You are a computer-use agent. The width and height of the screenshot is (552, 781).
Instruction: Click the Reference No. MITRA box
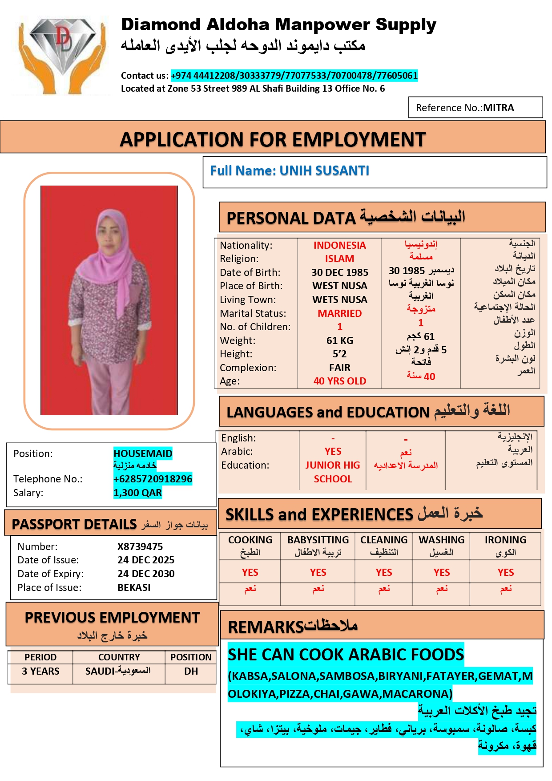(x=475, y=108)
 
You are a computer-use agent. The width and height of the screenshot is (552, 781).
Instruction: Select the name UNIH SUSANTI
(x=324, y=171)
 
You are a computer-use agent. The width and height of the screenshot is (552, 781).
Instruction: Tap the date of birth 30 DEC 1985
(x=340, y=272)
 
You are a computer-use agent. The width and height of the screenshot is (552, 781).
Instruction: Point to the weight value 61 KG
(x=340, y=341)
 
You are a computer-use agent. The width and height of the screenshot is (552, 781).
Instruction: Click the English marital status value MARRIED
(x=340, y=313)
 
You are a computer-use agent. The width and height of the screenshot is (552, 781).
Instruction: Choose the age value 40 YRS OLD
(x=340, y=381)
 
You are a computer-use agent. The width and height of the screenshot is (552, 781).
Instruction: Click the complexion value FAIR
(x=340, y=368)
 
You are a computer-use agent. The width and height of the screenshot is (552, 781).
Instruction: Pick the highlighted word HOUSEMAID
(x=143, y=453)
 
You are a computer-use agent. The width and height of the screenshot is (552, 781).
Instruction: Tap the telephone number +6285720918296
(x=153, y=479)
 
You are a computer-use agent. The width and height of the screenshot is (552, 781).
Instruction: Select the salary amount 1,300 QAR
(x=137, y=493)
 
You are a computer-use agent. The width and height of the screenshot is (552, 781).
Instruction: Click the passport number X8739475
(x=140, y=546)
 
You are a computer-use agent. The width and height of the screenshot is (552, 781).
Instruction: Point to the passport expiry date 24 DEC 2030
(x=146, y=574)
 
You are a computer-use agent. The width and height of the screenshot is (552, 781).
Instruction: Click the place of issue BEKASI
(x=134, y=588)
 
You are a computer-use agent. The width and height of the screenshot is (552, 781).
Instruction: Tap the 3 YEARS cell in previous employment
(x=40, y=672)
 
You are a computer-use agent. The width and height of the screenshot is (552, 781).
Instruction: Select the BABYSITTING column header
(x=318, y=540)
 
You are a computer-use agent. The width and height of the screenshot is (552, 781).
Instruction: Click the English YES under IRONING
(x=506, y=573)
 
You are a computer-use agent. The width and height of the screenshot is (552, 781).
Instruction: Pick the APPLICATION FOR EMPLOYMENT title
(x=273, y=140)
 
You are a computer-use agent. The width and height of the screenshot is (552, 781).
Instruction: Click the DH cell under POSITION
(x=191, y=672)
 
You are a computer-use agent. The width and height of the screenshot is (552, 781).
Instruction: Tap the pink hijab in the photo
(x=111, y=240)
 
